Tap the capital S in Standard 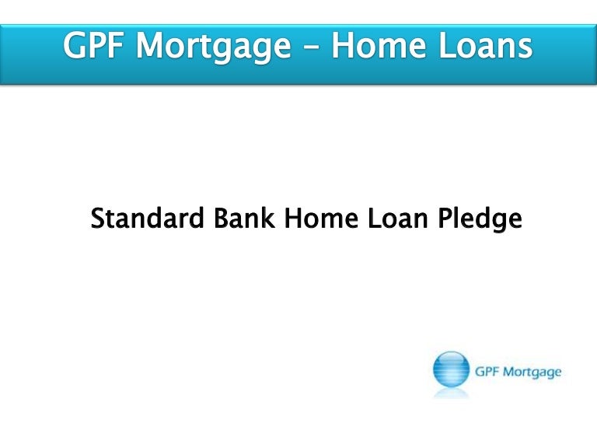pos(97,219)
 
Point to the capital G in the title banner pos(75,47)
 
